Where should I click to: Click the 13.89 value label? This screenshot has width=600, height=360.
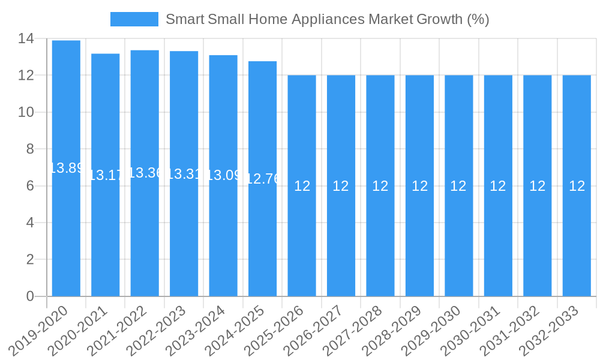pos(66,168)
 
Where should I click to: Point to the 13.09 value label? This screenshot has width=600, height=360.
pos(223,175)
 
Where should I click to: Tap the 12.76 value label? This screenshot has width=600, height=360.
pos(263,179)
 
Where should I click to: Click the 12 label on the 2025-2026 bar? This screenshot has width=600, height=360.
pos(302,186)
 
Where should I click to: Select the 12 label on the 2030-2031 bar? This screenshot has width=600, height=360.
pos(498,186)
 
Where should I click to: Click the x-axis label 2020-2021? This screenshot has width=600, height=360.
pos(77,330)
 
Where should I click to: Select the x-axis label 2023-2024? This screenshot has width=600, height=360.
pos(195,330)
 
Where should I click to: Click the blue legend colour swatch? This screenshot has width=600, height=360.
pos(134,19)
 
